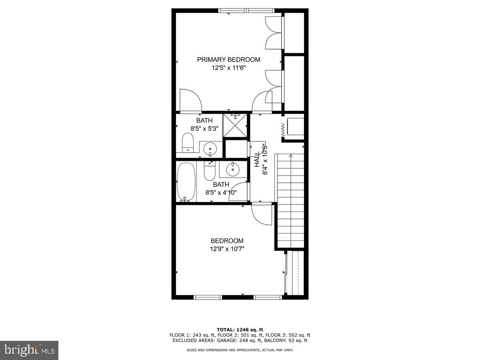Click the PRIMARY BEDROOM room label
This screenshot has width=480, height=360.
coord(228,60)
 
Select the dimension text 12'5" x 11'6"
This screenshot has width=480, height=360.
coord(228,68)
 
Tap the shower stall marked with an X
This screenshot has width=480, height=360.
coord(235,126)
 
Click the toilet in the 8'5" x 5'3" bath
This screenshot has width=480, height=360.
coord(188,143)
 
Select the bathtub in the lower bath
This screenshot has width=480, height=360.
coord(186,182)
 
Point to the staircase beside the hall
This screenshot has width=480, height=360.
coord(290,200)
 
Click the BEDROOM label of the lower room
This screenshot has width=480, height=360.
coord(227,241)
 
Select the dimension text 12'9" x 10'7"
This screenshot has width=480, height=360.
coord(227,249)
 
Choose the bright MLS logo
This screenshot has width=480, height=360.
coord(29,350)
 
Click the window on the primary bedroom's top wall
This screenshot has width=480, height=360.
coord(247,10)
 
